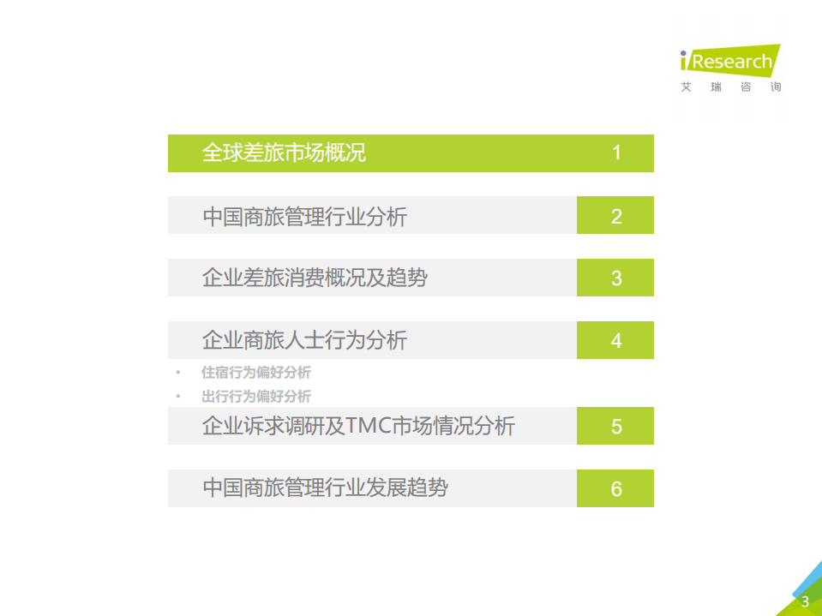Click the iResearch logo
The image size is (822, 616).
[x=730, y=60]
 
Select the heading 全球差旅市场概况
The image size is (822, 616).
[x=284, y=153]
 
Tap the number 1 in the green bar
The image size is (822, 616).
[x=616, y=153]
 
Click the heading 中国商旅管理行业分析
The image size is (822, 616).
[x=304, y=217]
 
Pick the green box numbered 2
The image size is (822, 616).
[x=615, y=216]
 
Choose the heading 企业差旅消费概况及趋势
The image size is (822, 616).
[x=315, y=278]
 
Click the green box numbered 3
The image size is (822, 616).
[x=615, y=278]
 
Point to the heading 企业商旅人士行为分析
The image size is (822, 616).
[x=304, y=340]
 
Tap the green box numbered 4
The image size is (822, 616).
[x=615, y=340]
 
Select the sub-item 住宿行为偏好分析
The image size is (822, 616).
[x=255, y=373]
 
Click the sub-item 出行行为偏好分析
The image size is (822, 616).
[x=255, y=396]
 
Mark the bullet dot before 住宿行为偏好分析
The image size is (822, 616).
[x=178, y=373]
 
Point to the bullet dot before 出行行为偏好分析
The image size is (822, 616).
[x=178, y=396]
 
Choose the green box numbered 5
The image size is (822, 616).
[x=615, y=426]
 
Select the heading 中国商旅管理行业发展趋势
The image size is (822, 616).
[x=325, y=488]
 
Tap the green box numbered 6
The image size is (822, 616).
[x=615, y=488]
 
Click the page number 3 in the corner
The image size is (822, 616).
[x=805, y=601]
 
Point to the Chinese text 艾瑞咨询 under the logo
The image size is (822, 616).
[x=730, y=87]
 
